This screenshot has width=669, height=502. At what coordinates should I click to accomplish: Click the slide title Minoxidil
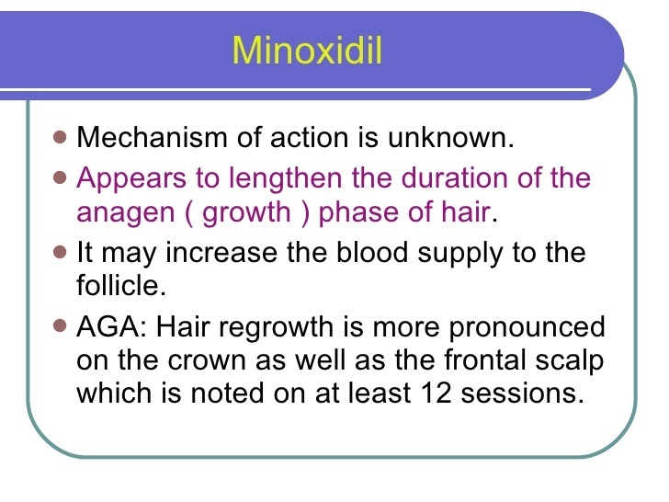307,51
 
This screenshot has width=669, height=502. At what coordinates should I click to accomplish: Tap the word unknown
450,138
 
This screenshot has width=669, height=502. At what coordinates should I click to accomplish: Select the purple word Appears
131,179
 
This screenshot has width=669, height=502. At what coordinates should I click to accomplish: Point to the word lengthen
286,178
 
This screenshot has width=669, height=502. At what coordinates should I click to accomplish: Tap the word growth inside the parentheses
246,212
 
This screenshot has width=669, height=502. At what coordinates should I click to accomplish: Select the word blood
372,252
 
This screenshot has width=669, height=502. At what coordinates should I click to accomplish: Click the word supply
460,254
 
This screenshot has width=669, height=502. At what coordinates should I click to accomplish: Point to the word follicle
121,284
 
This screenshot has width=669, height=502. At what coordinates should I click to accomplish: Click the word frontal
485,359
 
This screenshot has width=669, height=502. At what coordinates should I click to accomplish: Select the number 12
436,393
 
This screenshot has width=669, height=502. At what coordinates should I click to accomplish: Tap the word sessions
522,393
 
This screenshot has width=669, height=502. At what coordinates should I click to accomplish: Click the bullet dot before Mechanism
60,138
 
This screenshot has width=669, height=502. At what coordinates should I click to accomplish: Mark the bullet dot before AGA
60,326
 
